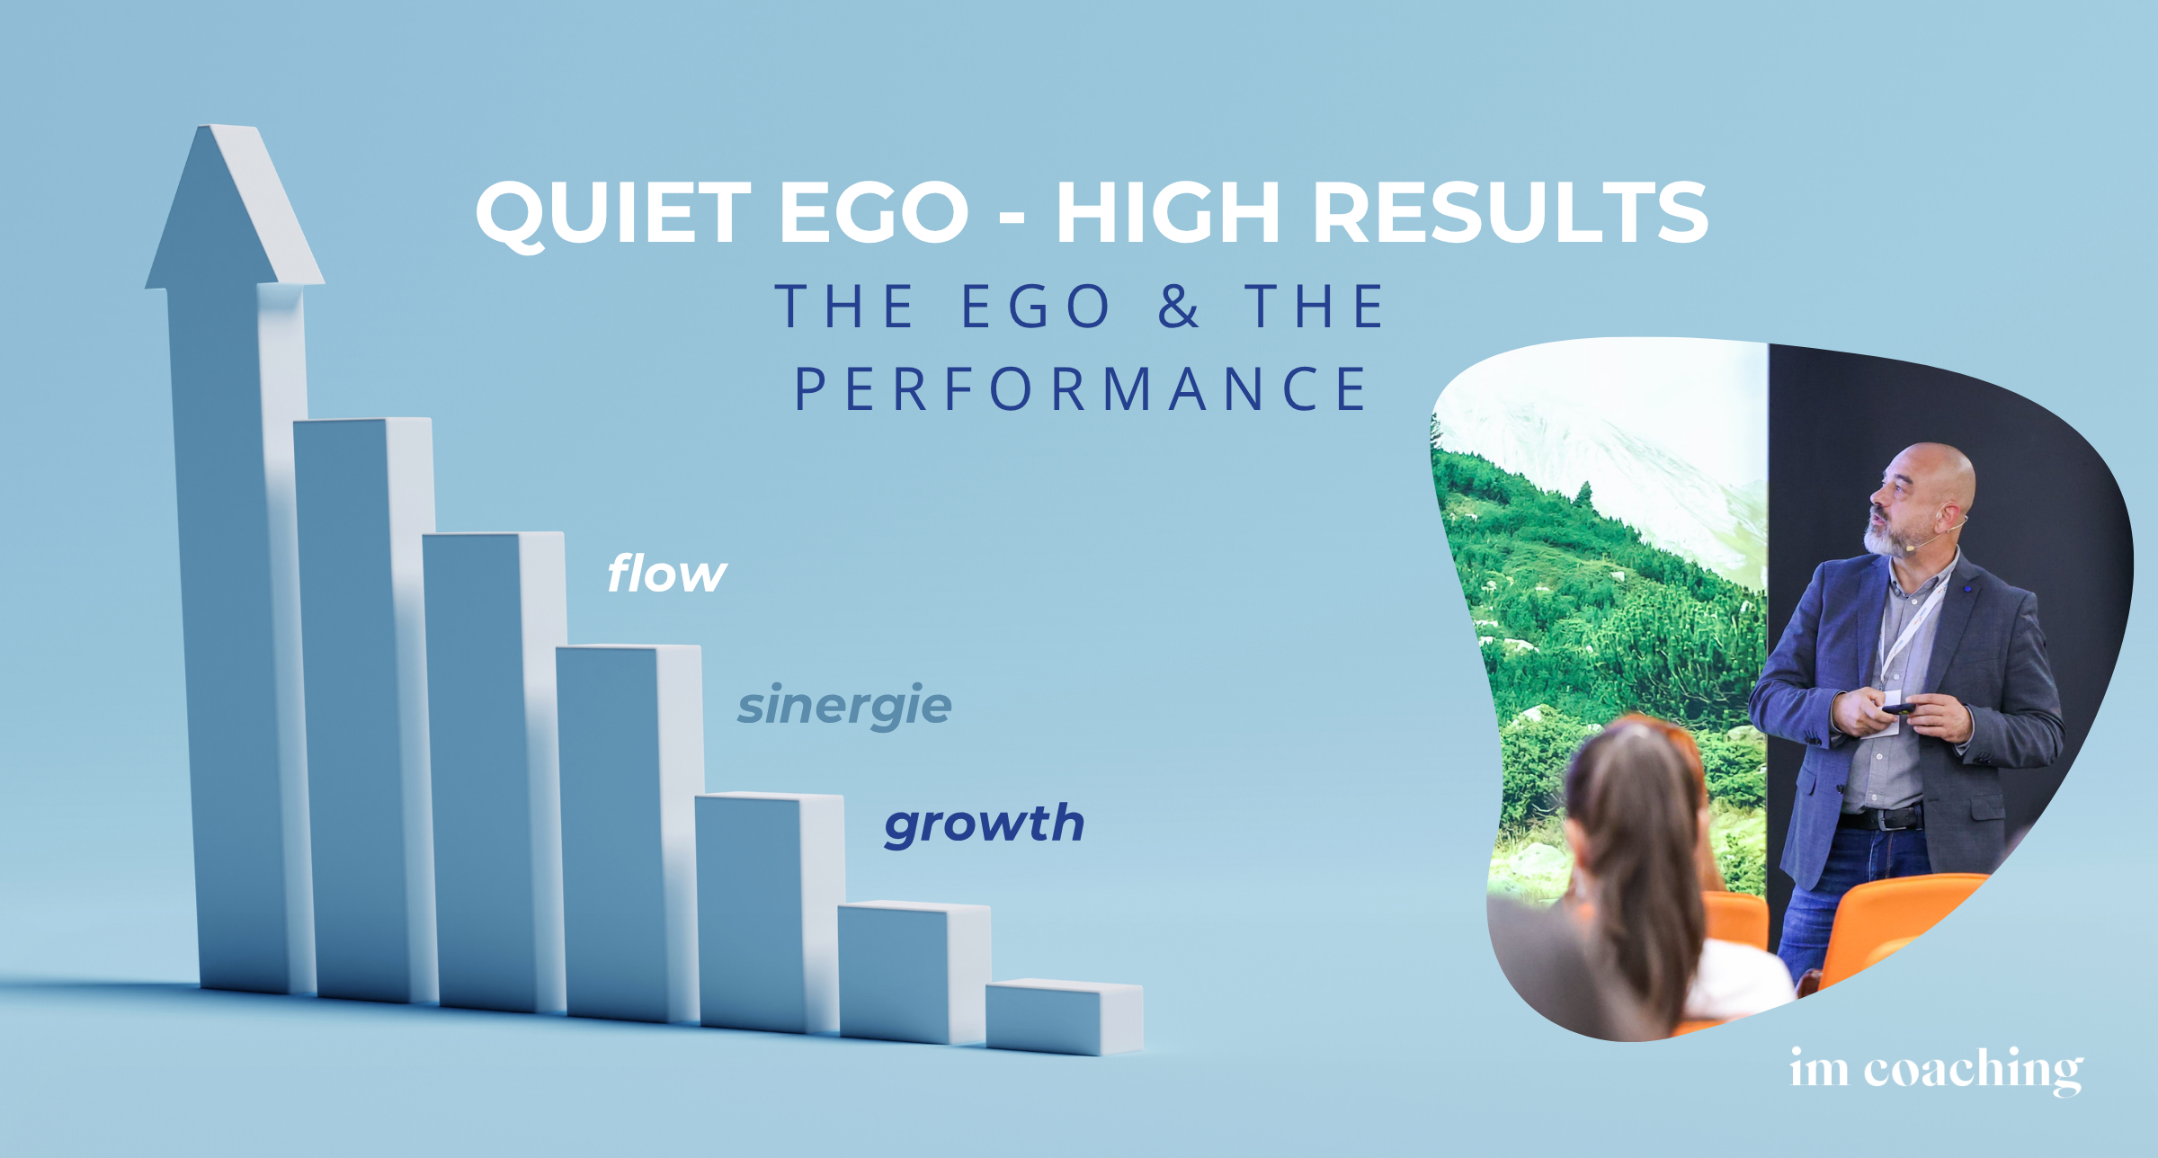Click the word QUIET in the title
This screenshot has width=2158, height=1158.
point(613,214)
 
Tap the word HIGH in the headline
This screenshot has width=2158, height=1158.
point(1167,212)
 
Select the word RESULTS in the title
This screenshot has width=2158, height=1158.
point(1511,212)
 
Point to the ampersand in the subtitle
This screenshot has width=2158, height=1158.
point(1178,306)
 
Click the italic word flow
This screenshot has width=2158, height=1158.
point(666,573)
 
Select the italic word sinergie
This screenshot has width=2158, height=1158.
point(844,706)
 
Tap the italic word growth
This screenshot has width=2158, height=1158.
point(985,824)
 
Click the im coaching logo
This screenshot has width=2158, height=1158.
point(1936,1070)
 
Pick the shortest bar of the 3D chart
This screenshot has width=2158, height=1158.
point(1064,1017)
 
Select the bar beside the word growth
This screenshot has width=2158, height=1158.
point(769,913)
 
